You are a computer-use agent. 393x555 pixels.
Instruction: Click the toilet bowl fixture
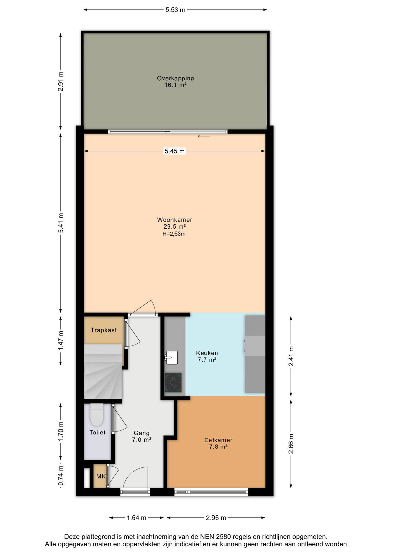point(96,415)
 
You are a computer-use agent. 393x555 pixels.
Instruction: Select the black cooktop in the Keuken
point(173,382)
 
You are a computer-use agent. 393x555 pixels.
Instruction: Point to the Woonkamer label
point(175,220)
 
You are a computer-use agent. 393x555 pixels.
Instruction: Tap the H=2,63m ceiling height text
point(174,234)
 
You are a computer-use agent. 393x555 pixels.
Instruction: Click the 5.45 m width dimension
point(175,151)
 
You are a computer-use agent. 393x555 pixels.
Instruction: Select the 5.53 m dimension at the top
point(175,10)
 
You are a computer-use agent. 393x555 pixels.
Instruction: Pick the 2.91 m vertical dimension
point(60,81)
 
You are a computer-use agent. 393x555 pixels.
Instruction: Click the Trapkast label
point(104,330)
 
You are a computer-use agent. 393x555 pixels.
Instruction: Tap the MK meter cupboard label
point(101,476)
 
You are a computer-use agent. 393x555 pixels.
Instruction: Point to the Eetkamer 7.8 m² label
point(218,443)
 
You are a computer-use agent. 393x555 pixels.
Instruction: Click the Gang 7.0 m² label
point(142,436)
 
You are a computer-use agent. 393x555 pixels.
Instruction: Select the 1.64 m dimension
point(136,518)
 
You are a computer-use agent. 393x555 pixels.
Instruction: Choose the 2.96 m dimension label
point(216,518)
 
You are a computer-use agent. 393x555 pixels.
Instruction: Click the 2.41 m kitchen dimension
point(291,356)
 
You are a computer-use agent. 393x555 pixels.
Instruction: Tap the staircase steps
point(103,371)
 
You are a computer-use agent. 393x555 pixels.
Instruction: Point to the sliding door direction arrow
point(203,136)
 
